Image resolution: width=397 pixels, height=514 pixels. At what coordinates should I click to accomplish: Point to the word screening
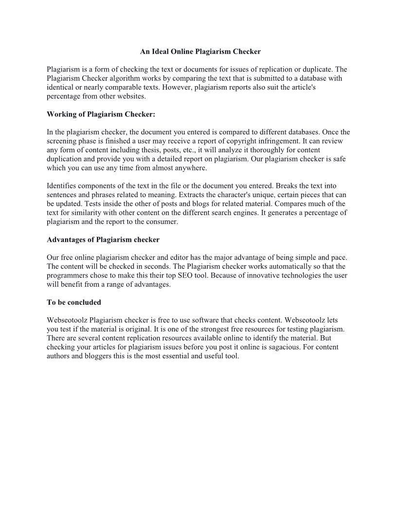61,141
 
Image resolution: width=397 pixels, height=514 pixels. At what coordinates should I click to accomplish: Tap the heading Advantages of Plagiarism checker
103,240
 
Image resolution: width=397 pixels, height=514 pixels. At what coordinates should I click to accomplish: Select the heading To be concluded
74,302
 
